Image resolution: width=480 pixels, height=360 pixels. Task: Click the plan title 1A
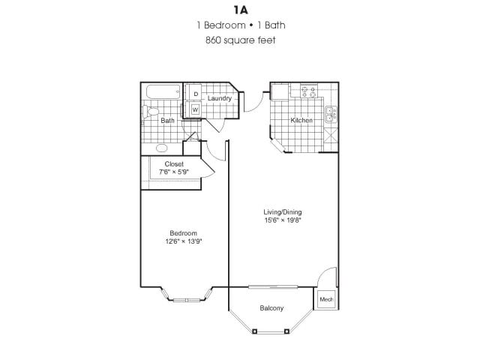pyautogui.click(x=240, y=10)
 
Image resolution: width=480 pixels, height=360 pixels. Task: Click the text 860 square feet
pyautogui.click(x=240, y=40)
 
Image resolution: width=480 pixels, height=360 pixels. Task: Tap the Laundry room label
pyautogui.click(x=219, y=98)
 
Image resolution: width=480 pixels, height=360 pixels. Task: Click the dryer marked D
pyautogui.click(x=194, y=94)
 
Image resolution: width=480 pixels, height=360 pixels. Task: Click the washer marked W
pyautogui.click(x=194, y=109)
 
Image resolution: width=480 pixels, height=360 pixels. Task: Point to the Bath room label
pyautogui.click(x=167, y=120)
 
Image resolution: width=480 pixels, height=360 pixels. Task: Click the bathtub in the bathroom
pyautogui.click(x=161, y=93)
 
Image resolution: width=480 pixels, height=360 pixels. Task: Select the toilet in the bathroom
pyautogui.click(x=148, y=113)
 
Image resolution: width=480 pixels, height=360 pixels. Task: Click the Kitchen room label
pyautogui.click(x=301, y=120)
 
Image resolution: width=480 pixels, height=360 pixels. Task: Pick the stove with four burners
pyautogui.click(x=308, y=92)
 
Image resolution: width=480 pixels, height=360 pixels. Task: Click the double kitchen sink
pyautogui.click(x=330, y=115)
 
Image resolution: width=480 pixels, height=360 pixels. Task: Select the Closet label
pyautogui.click(x=174, y=163)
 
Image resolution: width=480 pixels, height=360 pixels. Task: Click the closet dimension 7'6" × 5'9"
pyautogui.click(x=174, y=172)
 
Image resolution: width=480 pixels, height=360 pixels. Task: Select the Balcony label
pyautogui.click(x=271, y=308)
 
